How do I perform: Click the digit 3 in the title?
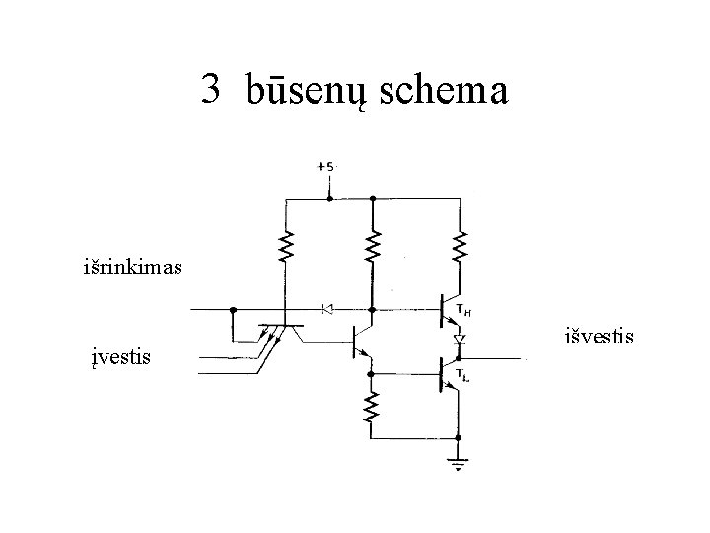coord(209,91)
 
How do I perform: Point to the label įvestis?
coord(117,355)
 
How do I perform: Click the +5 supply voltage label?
coord(326,167)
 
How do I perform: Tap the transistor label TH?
coord(464,314)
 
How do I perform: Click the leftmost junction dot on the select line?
coord(233,309)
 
